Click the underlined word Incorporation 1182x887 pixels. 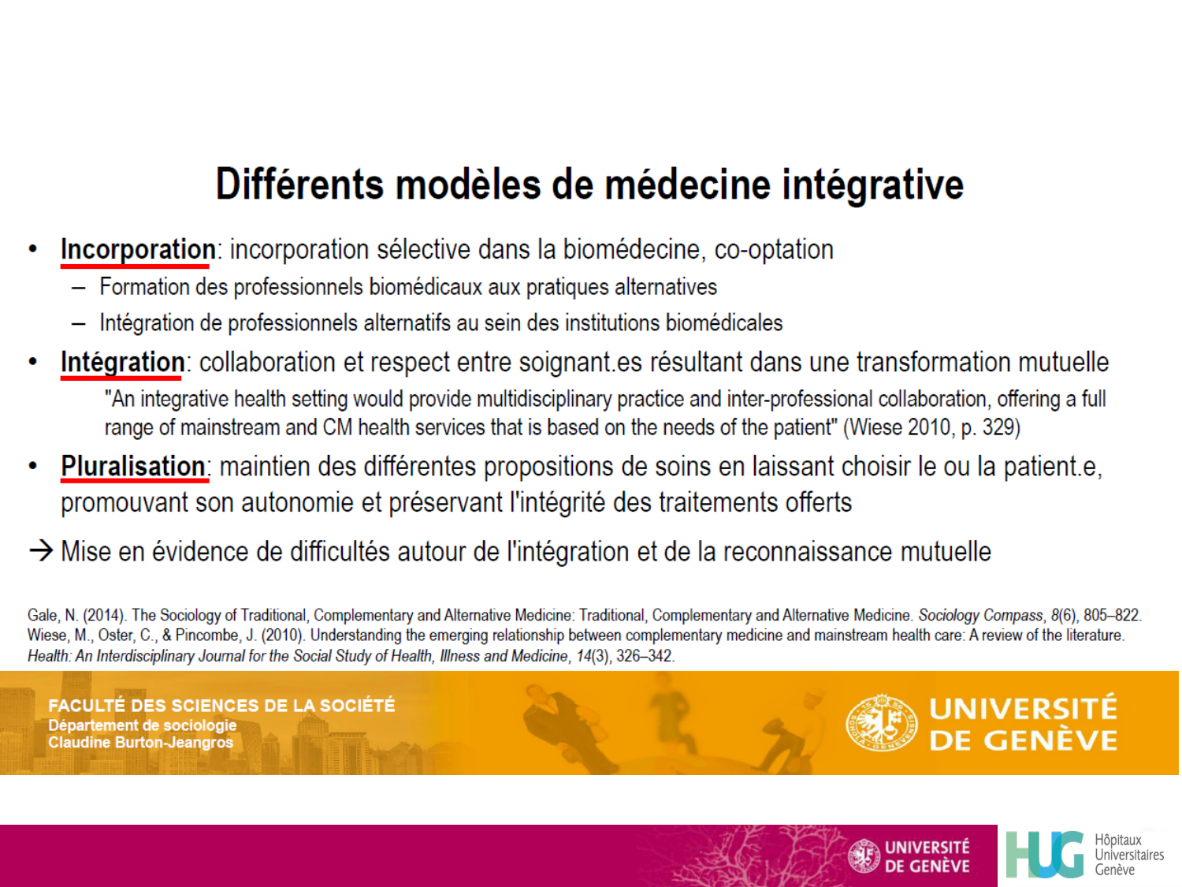tap(138, 250)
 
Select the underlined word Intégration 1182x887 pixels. tap(123, 363)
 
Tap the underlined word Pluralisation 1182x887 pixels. tap(133, 467)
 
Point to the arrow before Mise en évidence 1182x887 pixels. tap(41, 550)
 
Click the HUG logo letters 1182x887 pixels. tap(1045, 855)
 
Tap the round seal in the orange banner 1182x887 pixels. tap(882, 722)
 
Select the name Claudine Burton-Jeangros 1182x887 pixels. tap(141, 743)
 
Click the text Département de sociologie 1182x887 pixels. tap(143, 725)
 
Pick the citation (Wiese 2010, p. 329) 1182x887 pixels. tap(931, 428)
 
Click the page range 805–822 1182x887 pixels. tap(1111, 616)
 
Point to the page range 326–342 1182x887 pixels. tap(645, 656)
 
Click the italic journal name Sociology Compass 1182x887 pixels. tap(980, 616)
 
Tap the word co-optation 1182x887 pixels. tap(774, 250)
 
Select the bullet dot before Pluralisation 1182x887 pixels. tap(33, 466)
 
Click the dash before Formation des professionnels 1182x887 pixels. tap(79, 287)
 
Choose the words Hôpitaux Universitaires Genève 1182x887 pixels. tap(1128, 855)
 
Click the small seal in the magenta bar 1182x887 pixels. tap(864, 856)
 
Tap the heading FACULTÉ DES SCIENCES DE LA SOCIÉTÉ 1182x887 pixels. tap(221, 706)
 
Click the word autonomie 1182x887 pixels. tap(296, 503)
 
